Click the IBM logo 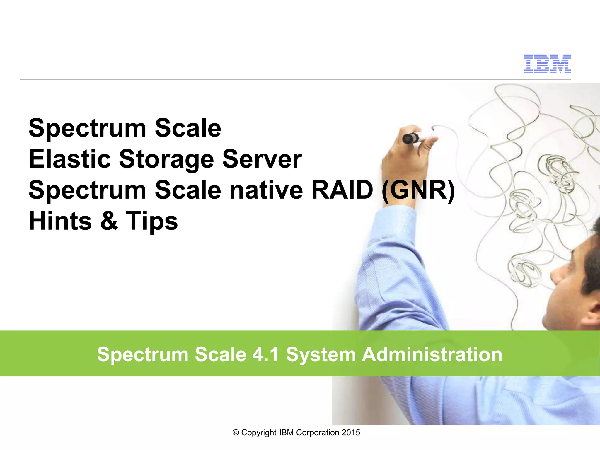pos(547,64)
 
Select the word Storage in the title pos(166,160)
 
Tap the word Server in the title pos(262,159)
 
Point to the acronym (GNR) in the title pos(418,190)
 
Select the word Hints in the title pos(60,221)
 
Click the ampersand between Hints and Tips pos(109,221)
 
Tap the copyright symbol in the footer pos(236,433)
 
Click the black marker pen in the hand pos(410,138)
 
